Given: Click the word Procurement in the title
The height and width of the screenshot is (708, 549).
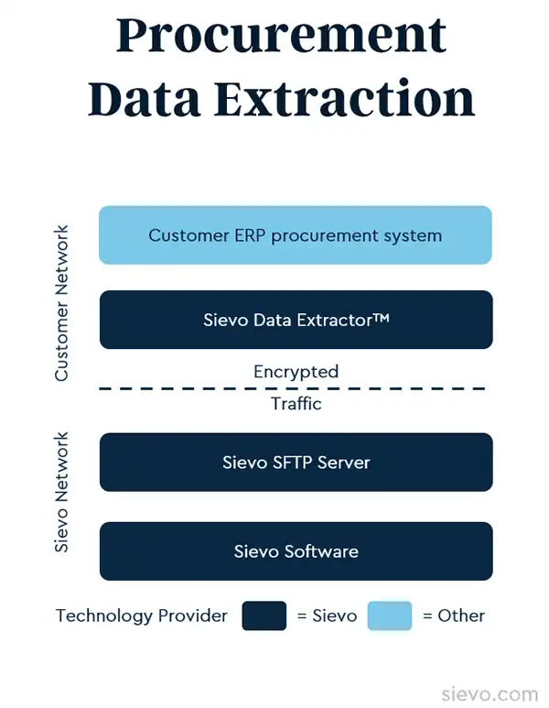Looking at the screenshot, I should pos(281,37).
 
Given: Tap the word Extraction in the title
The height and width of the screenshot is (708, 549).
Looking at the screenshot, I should pos(345,98).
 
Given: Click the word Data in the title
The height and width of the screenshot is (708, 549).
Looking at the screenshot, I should pos(145,98).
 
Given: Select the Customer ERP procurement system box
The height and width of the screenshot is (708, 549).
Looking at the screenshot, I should pos(296,235).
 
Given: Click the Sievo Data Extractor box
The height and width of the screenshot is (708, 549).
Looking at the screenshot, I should pos(296,320).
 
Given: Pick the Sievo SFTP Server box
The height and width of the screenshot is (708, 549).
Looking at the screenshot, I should pos(296,463).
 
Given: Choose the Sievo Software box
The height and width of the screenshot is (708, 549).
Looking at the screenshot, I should pos(296,551).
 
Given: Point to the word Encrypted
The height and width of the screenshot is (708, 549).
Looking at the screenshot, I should pos(296,372).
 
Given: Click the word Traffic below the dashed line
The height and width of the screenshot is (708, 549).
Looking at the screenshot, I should pos(296,403).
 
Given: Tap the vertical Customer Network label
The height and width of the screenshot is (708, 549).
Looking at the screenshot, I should pos(61,303).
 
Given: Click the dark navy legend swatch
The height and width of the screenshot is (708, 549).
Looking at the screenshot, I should pos(264,615).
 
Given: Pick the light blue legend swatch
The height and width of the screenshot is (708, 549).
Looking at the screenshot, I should pos(390,615).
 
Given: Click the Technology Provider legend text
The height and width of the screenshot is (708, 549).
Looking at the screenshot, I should pos(142,615).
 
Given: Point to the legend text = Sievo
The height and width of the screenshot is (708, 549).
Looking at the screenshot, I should pos(327,615).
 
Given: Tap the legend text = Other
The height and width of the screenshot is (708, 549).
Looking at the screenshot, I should pos(454,615).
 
